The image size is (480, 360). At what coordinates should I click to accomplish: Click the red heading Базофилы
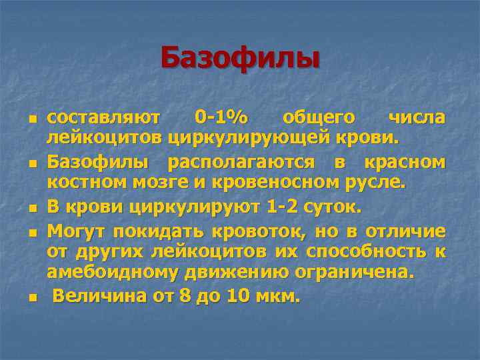(x=240, y=58)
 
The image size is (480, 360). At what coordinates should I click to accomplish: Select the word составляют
(x=103, y=118)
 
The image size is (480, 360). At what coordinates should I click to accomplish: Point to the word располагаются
(x=242, y=162)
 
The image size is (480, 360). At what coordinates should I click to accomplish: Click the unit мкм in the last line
(x=279, y=295)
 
